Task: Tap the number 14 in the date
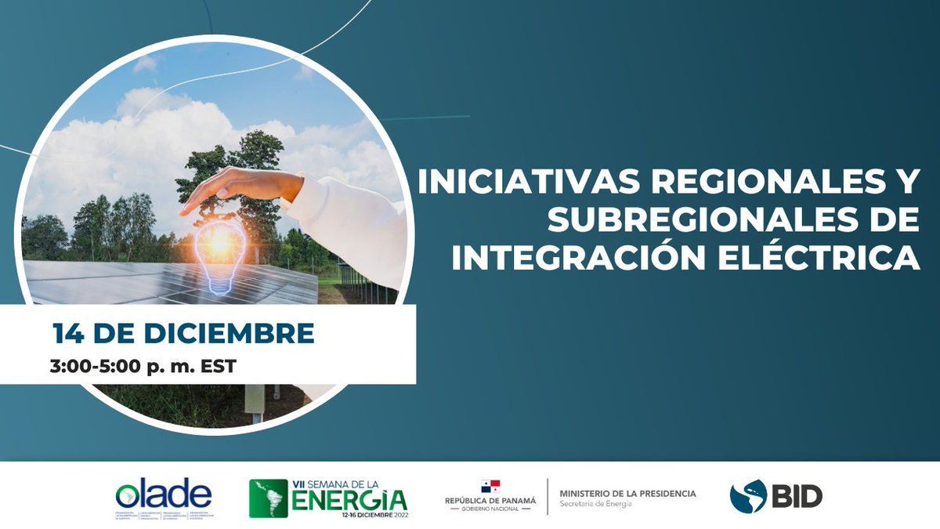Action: tap(69, 334)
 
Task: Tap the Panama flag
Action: tap(490, 486)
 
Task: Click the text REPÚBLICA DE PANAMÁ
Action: tap(490, 500)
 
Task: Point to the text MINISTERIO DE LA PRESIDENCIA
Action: tap(627, 494)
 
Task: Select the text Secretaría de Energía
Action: tap(595, 504)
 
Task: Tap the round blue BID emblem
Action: tap(748, 497)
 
